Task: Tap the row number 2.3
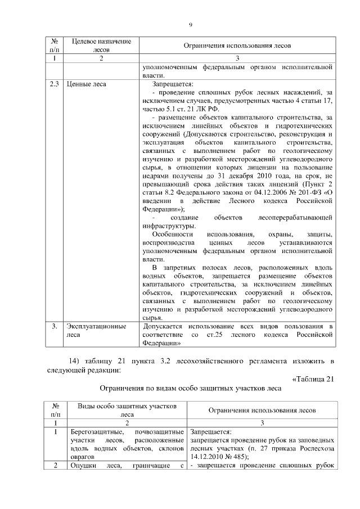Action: tap(55, 84)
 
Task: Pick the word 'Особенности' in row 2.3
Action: tap(172, 249)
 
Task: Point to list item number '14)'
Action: tap(75, 360)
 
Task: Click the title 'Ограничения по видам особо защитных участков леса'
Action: tap(190, 388)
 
